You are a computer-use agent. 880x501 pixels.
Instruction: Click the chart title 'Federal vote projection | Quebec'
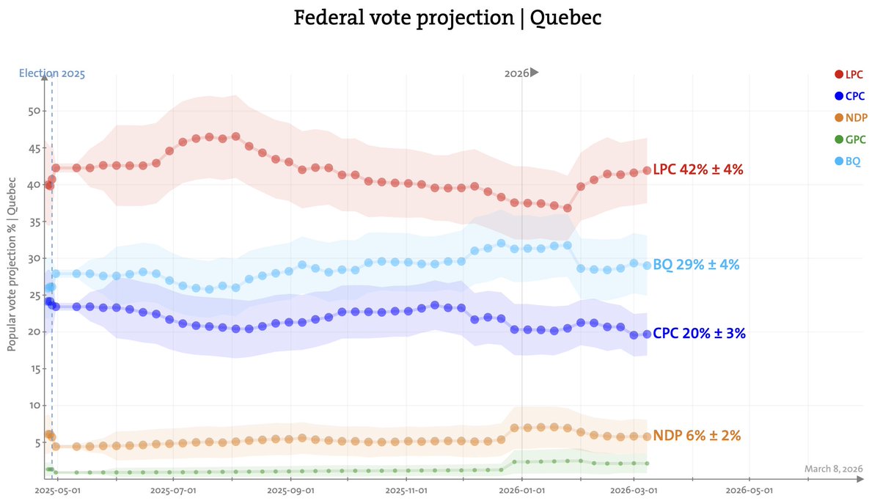click(x=447, y=18)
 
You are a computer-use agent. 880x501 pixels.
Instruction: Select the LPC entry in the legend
click(x=849, y=74)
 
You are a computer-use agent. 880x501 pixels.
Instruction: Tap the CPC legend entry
click(x=849, y=95)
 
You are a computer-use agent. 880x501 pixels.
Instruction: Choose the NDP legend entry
click(x=849, y=117)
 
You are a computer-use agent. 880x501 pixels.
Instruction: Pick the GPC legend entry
click(x=849, y=139)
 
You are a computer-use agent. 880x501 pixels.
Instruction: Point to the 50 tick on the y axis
click(x=32, y=111)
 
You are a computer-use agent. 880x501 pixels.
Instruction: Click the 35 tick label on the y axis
click(x=32, y=258)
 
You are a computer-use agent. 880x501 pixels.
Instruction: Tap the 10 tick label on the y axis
click(x=32, y=406)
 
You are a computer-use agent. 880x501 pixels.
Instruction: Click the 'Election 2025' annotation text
click(x=51, y=73)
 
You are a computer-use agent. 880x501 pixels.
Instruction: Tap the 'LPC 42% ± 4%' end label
click(x=697, y=169)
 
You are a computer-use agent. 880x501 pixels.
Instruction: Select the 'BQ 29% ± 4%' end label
click(x=696, y=265)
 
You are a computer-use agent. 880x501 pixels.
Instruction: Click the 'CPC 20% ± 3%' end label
click(x=699, y=333)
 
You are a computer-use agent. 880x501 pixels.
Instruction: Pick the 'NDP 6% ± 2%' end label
click(x=696, y=436)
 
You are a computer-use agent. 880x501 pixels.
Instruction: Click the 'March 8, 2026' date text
click(x=833, y=469)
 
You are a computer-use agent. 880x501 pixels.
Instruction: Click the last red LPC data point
click(x=647, y=170)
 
